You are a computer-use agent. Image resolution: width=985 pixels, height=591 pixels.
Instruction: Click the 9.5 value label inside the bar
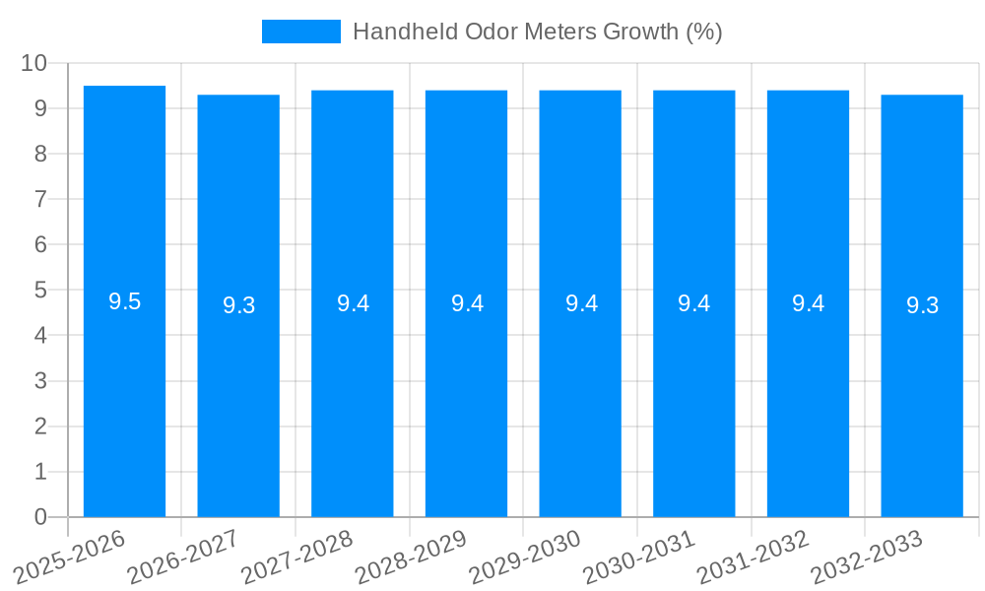point(124,302)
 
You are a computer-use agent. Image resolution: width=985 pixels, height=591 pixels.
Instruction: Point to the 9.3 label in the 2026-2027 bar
point(238,305)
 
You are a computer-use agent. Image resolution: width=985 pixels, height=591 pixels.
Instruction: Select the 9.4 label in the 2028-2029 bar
point(467,303)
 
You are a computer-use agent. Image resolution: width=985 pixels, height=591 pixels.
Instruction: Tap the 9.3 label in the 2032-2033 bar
point(922,305)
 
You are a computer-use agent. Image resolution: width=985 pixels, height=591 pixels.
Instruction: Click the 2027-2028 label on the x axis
point(297,557)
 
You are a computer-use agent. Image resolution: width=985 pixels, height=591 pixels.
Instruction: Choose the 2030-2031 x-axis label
point(639,557)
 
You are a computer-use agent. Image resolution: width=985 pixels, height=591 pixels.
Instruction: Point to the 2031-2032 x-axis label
point(754,557)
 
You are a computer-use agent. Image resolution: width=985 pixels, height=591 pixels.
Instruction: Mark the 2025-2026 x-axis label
point(70,557)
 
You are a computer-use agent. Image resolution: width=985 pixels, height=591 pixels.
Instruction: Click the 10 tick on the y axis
point(33,63)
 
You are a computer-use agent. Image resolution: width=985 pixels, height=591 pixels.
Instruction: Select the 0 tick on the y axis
point(40,517)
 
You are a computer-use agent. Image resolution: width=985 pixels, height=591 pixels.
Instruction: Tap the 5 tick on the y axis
point(40,291)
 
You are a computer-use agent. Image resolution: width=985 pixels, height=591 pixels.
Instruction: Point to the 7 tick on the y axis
point(40,199)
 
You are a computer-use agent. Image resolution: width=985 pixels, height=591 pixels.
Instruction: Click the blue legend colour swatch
point(300,32)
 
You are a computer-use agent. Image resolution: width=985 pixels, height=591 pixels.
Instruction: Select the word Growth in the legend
point(639,32)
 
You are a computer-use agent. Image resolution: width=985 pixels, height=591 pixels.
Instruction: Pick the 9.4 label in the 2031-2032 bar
point(808,303)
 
